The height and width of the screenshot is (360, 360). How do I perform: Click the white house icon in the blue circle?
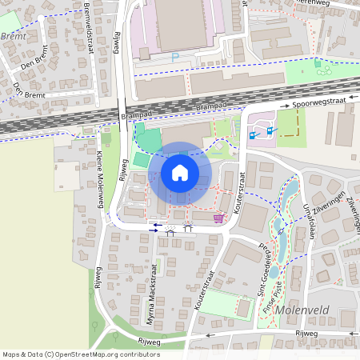(180, 172)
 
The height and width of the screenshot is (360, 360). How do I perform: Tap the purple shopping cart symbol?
(218, 217)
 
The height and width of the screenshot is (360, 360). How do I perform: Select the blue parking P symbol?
(175, 57)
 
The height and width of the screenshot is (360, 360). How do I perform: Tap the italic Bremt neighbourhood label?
(14, 36)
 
